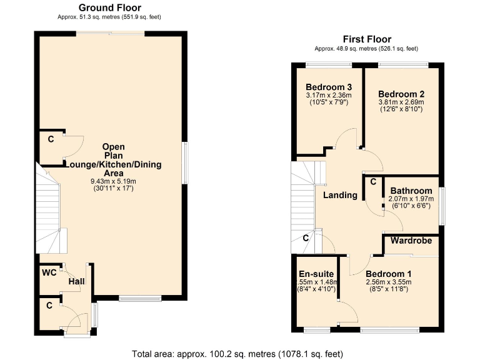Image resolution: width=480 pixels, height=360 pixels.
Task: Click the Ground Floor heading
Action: [x=109, y=7]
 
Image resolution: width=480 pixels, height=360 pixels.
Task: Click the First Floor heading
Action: [x=366, y=39]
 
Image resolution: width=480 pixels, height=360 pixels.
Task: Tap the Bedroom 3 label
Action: [x=329, y=87]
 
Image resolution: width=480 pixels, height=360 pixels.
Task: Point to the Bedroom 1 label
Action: [x=388, y=274]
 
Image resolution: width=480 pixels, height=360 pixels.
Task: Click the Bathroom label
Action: [x=411, y=191]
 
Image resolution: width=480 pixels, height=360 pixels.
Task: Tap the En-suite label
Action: [x=316, y=274]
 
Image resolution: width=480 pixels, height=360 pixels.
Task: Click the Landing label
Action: [x=340, y=195]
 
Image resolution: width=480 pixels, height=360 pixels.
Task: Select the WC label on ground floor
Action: [x=49, y=273]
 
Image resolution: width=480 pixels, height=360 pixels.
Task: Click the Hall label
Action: [x=76, y=282]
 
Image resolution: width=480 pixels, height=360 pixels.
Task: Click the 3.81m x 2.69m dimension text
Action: [x=401, y=102]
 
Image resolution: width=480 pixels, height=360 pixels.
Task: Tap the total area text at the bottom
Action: [x=238, y=353]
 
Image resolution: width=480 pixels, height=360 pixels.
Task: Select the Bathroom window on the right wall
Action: [x=443, y=206]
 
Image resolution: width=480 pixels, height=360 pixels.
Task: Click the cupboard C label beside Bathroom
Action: [x=372, y=182]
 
